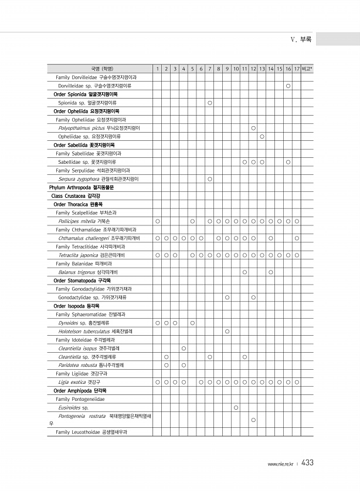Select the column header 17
pyautogui.click(x=297, y=69)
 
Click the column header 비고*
pyautogui.click(x=307, y=69)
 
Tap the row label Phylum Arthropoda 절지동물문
pyautogui.click(x=81, y=187)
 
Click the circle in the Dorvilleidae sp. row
pyautogui.click(x=288, y=86)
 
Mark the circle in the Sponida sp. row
pyautogui.click(x=210, y=103)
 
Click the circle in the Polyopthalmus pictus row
pyautogui.click(x=253, y=127)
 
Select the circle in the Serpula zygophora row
pyautogui.click(x=210, y=178)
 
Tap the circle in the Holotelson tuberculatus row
pyautogui.click(x=227, y=331)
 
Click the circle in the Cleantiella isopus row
pyautogui.click(x=184, y=348)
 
